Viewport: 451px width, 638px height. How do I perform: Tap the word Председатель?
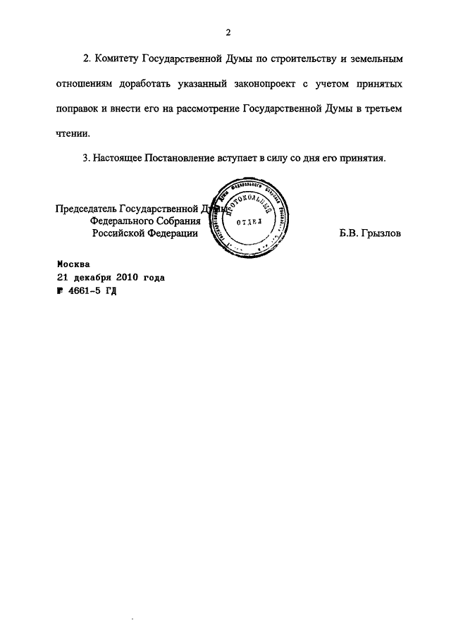click(86, 209)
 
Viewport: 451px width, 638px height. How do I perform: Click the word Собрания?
click(173, 221)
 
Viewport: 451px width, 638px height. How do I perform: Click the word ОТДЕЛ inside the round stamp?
click(247, 220)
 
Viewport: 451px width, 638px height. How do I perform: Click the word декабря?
click(91, 278)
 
